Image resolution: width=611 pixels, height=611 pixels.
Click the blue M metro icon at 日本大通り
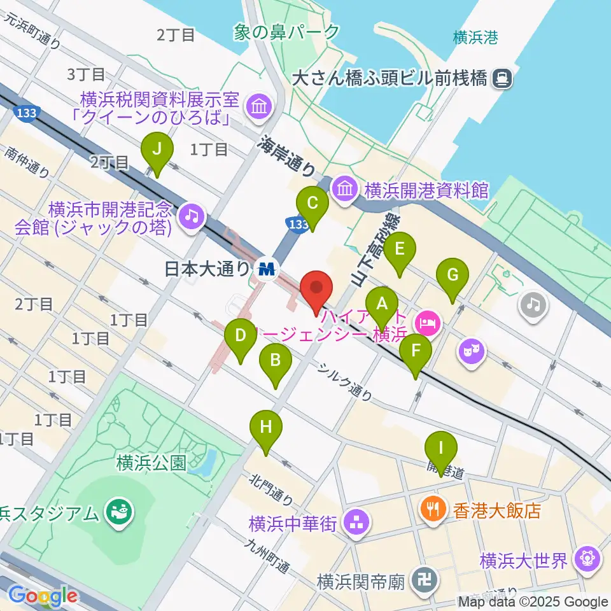click(266, 269)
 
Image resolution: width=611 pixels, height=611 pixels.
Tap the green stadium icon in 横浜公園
click(118, 512)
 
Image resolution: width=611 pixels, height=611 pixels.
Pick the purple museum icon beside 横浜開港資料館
click(347, 189)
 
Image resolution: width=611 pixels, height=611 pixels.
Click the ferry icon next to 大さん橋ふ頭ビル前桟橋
click(503, 78)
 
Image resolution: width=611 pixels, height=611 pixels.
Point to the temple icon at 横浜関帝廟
click(421, 580)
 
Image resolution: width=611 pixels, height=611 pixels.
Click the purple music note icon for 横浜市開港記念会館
click(190, 217)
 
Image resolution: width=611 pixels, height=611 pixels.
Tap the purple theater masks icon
click(472, 350)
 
